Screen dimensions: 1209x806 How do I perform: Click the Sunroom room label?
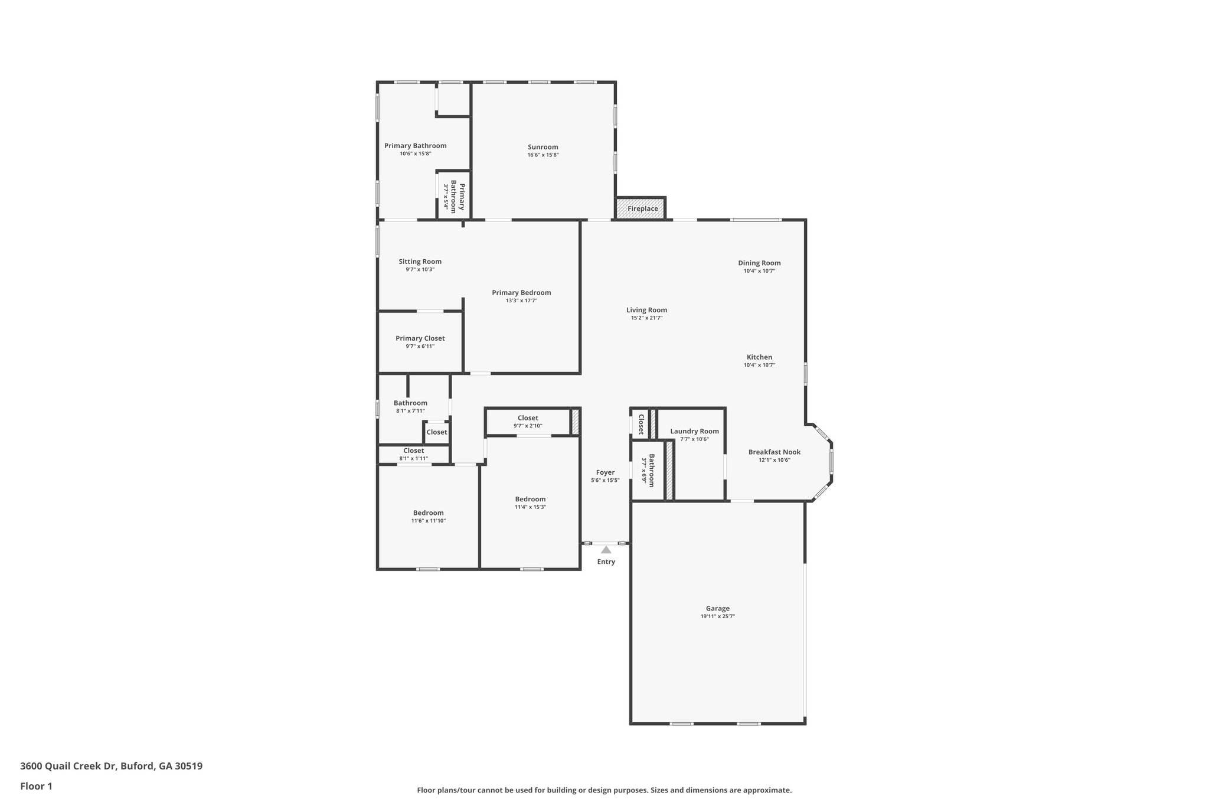tap(543, 147)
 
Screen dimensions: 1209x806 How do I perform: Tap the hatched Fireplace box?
tap(641, 208)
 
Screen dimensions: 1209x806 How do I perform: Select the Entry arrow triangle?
tap(606, 550)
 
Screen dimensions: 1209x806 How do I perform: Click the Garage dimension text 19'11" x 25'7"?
tap(718, 616)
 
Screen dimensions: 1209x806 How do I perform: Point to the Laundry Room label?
tap(694, 431)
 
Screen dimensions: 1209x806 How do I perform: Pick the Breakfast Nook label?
tap(775, 452)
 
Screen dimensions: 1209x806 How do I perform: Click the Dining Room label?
tap(759, 263)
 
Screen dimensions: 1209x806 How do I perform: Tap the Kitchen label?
tap(759, 357)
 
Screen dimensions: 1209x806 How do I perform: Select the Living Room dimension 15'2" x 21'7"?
tap(646, 318)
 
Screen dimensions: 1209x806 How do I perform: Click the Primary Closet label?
tap(420, 338)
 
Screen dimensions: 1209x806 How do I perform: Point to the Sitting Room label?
tap(420, 262)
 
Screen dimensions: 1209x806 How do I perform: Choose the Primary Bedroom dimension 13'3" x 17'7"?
tap(521, 301)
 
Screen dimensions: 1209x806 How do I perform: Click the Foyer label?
tap(605, 472)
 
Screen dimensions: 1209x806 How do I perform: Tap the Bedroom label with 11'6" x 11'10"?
tap(428, 513)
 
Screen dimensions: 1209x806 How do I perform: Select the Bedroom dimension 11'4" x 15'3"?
tap(530, 507)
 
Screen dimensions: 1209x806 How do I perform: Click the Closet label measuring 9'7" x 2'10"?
tap(528, 418)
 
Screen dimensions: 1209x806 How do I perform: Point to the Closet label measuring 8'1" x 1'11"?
tap(413, 451)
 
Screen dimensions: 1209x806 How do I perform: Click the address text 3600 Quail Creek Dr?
tap(69, 766)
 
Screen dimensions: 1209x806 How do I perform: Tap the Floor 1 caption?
tap(36, 786)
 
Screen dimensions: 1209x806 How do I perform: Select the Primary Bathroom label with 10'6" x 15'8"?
tap(415, 146)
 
